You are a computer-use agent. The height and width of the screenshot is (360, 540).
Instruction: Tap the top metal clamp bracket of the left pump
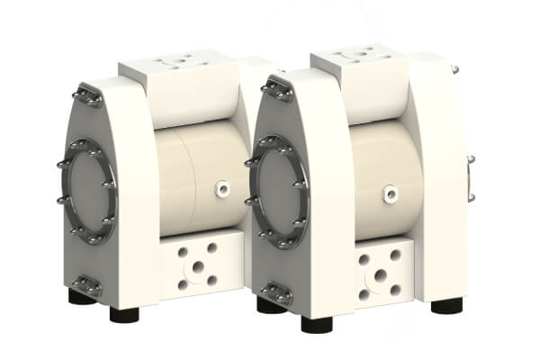pos(88,94)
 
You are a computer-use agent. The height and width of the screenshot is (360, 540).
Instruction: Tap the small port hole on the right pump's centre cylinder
pos(389,191)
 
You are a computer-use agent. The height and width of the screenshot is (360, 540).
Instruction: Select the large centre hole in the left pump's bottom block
pos(197,265)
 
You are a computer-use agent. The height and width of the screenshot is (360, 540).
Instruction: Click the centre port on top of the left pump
pos(173,63)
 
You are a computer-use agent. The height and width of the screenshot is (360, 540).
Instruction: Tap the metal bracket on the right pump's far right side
pos(470,176)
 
